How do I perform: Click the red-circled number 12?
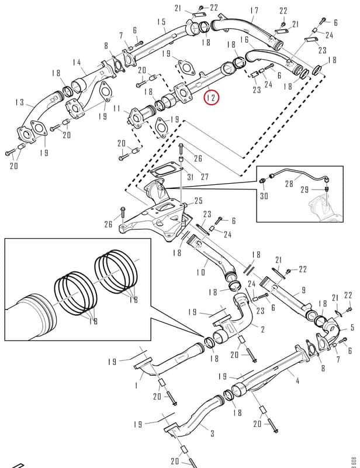point(212,98)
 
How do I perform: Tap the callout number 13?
point(19,102)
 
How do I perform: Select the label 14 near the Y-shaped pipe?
point(77,63)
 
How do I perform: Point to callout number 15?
point(161,22)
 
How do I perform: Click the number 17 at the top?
point(254,11)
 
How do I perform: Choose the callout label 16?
point(244,39)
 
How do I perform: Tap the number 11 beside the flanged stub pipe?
point(117,108)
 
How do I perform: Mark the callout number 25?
point(199,201)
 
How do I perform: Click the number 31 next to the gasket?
point(191,177)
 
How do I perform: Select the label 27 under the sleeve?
point(205,177)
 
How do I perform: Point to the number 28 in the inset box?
point(289,184)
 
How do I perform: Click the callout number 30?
point(264,196)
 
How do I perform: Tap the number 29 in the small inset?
point(304,190)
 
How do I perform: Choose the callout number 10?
point(200,272)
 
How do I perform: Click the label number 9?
point(304,290)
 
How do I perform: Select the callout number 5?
point(352,328)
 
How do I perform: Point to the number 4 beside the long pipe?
point(297,381)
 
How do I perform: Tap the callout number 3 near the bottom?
point(212,433)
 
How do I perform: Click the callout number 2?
point(262,329)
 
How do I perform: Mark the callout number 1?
point(136,386)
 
